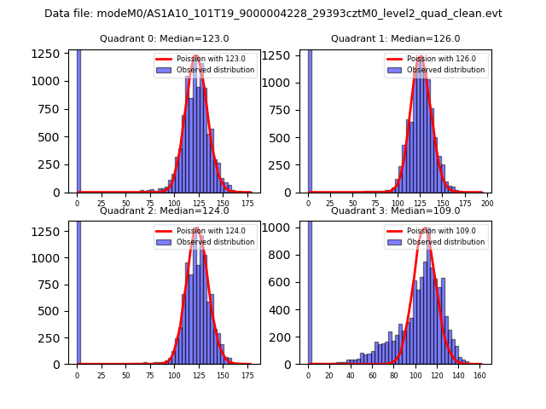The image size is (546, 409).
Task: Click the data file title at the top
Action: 273,14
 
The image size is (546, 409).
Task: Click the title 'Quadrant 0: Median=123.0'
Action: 164,38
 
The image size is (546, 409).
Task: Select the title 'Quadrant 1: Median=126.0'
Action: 395,38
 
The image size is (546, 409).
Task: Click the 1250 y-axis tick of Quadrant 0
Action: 51,53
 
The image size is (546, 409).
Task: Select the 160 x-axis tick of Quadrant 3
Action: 479,375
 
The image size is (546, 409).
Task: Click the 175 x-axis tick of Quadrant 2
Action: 247,375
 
